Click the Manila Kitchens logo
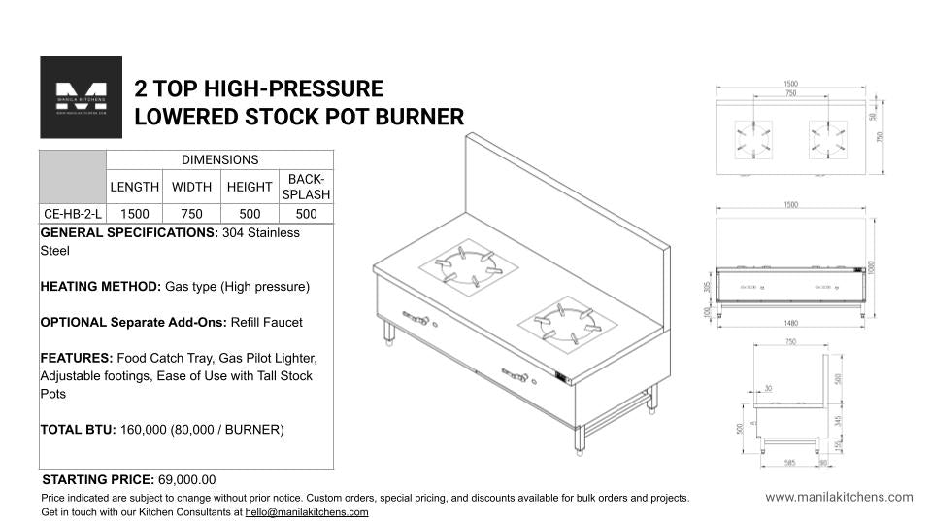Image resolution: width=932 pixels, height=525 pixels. point(81,97)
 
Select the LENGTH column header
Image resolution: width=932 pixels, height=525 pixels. point(134,187)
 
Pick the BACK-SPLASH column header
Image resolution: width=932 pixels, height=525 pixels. point(306,187)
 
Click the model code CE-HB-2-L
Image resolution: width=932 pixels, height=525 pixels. point(72,214)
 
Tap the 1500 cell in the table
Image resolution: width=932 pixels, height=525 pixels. point(134,214)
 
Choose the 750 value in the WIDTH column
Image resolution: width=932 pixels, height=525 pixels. point(191,214)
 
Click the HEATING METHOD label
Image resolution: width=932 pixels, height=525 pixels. point(100,287)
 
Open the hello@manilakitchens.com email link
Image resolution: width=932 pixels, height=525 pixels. point(307,512)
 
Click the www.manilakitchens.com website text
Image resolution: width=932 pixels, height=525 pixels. point(839,497)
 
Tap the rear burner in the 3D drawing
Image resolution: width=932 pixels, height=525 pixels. point(469,264)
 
